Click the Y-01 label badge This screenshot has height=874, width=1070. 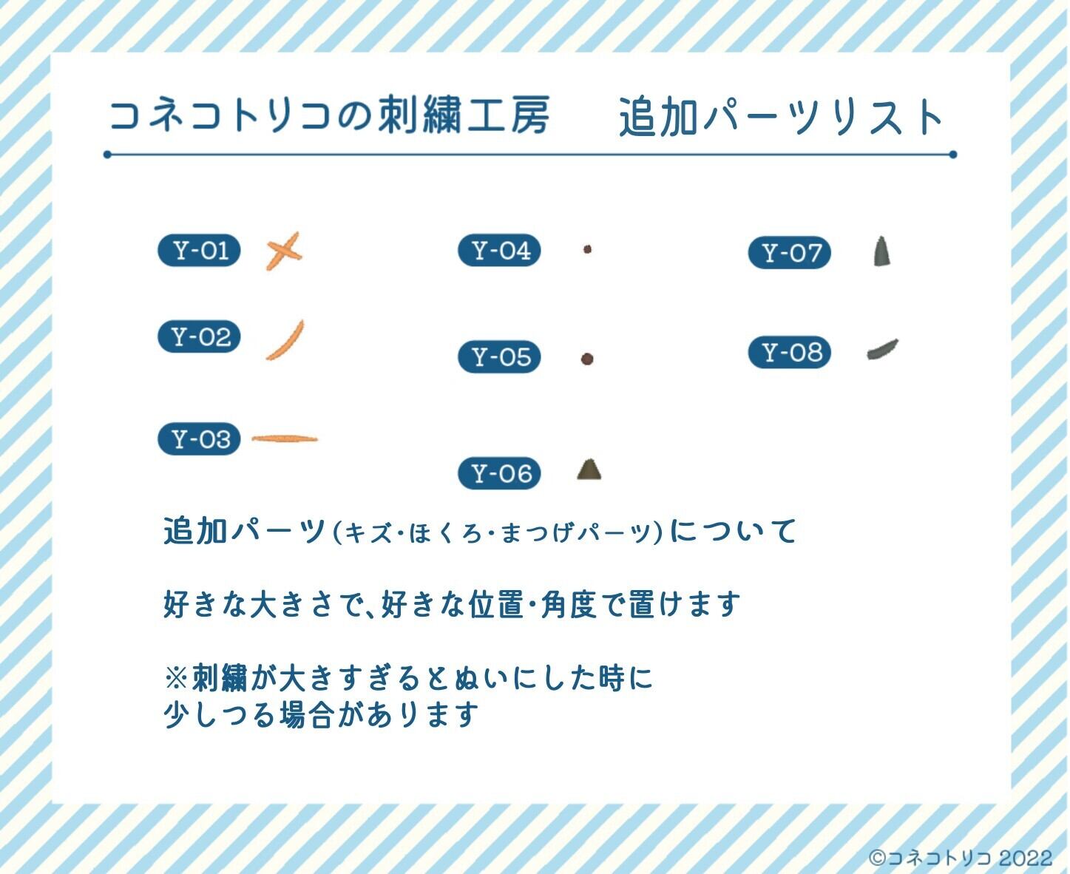200,251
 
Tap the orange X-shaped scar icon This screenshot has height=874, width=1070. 284,251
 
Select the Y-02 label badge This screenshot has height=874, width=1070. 200,337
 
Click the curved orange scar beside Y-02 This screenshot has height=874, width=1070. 285,340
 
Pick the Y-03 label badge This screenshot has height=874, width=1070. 200,439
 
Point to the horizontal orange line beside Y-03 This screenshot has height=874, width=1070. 285,438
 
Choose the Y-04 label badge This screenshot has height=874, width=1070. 500,251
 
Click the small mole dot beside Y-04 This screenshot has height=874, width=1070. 587,250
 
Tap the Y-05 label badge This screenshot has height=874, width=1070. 500,357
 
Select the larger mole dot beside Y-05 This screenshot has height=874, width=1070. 587,359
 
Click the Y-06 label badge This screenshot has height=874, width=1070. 500,473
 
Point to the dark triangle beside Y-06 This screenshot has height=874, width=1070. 589,470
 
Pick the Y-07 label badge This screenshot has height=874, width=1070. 790,253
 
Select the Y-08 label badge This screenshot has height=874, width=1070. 790,352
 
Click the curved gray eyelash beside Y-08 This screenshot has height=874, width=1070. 882,349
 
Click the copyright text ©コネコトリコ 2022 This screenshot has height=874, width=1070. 960,858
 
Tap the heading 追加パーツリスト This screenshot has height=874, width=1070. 782,117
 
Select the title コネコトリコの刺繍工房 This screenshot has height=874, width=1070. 329,116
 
